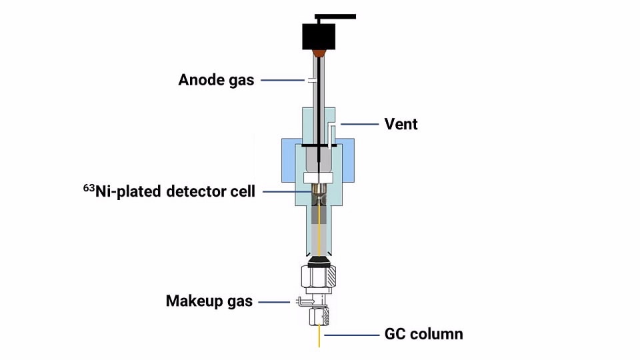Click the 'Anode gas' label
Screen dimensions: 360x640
(x=216, y=81)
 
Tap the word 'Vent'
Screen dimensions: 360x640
(x=401, y=124)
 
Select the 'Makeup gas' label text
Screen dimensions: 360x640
(x=209, y=301)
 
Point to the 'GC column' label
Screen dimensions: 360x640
(x=423, y=333)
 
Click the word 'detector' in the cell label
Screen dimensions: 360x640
(x=195, y=193)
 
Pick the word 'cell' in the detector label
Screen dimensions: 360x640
(x=241, y=193)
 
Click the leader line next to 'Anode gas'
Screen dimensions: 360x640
(x=283, y=81)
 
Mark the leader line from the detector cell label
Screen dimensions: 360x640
(x=287, y=192)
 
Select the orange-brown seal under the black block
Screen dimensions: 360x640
(x=319, y=52)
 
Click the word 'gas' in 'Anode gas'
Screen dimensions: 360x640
(x=241, y=81)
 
